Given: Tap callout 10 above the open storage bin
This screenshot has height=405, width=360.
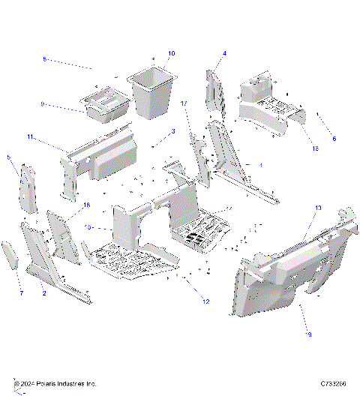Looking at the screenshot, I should click(x=171, y=54).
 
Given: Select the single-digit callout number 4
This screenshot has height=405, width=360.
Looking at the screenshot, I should click(x=224, y=54).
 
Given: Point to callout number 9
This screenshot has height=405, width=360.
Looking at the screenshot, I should click(x=43, y=104).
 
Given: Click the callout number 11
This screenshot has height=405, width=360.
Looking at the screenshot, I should click(x=30, y=137).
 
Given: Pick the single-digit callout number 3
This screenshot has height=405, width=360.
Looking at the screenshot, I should click(x=172, y=131).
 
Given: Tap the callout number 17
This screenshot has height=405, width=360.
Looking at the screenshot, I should click(x=183, y=103).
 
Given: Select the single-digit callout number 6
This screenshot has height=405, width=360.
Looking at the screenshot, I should click(x=334, y=138).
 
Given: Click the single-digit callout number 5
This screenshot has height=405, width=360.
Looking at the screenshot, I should click(x=8, y=157).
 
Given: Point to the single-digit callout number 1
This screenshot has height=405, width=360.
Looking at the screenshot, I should click(x=260, y=164).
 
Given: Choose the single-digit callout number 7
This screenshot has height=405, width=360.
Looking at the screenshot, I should click(x=20, y=292).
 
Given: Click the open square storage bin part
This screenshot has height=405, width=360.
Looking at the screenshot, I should click(x=155, y=94).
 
